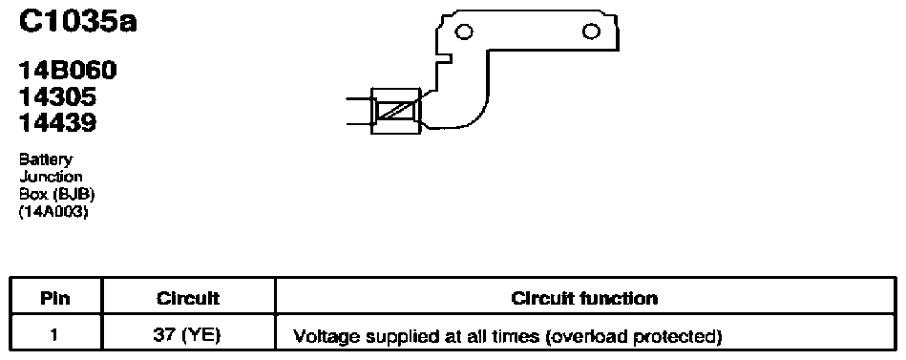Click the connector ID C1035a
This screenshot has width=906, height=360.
pyautogui.click(x=78, y=23)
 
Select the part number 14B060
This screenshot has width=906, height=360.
pyautogui.click(x=68, y=71)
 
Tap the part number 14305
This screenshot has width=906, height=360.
pyautogui.click(x=58, y=96)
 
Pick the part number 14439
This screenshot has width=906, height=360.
pyautogui.click(x=58, y=122)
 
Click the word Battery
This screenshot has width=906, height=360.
pyautogui.click(x=46, y=160)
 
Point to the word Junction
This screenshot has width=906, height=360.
pyautogui.click(x=51, y=177)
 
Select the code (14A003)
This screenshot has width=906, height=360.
pyautogui.click(x=53, y=212)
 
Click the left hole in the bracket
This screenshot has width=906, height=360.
pyautogui.click(x=463, y=32)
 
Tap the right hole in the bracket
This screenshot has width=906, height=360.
pyautogui.click(x=591, y=32)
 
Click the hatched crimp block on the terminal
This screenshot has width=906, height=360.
pyautogui.click(x=396, y=111)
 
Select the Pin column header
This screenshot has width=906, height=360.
pyautogui.click(x=56, y=298)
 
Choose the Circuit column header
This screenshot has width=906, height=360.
pyautogui.click(x=188, y=298)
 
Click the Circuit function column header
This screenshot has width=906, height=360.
pyautogui.click(x=584, y=298)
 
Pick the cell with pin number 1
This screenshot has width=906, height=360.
pyautogui.click(x=56, y=334)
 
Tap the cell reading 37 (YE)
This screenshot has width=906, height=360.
pyautogui.click(x=188, y=334)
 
